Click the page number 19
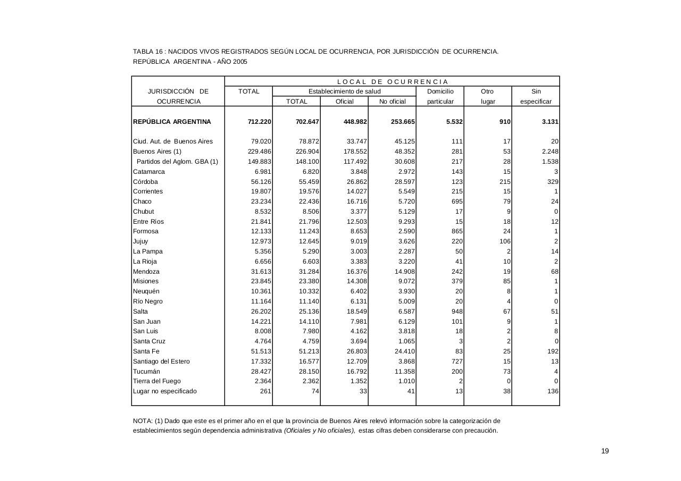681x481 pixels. [x=605, y=451]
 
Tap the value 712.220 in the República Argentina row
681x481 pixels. [x=260, y=122]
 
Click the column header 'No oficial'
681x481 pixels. [x=392, y=102]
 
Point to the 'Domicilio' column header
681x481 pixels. [x=440, y=91]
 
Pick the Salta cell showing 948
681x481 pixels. [x=456, y=311]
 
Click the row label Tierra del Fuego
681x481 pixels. [x=156, y=381]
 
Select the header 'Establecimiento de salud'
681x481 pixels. [x=344, y=91]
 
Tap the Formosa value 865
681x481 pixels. [x=456, y=231]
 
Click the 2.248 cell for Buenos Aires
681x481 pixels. [x=550, y=151]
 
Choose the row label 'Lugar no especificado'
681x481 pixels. [x=164, y=391]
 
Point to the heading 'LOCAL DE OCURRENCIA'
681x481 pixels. [x=392, y=82]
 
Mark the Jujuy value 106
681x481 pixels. [x=505, y=241]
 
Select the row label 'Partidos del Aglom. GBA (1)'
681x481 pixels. [x=177, y=162]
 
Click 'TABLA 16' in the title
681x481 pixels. [x=147, y=52]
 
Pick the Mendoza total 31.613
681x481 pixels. [x=261, y=272]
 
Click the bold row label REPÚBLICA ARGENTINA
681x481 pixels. [x=172, y=122]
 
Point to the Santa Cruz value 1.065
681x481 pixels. [x=405, y=341]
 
